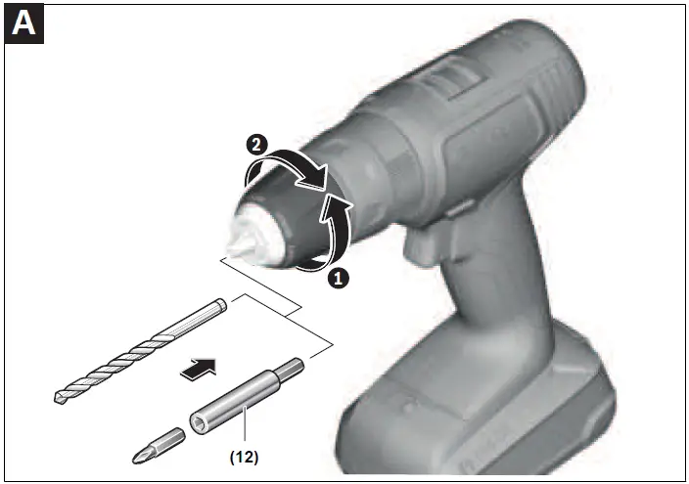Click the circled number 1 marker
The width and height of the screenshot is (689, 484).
(338, 277)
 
